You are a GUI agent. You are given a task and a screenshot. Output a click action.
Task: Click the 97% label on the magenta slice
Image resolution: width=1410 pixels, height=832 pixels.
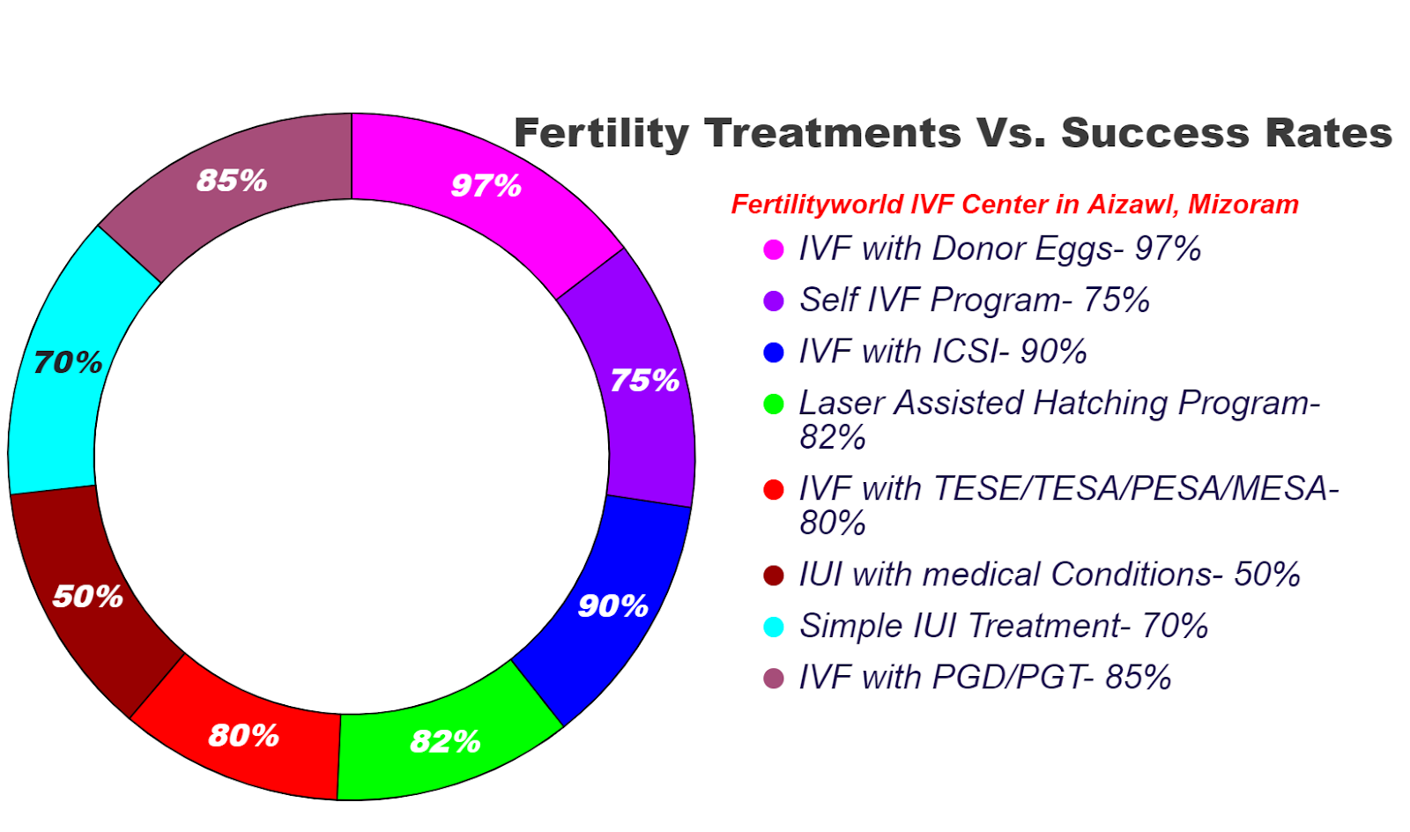pyautogui.click(x=486, y=186)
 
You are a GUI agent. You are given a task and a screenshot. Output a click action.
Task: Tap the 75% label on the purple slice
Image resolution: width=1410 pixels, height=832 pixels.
pyautogui.click(x=644, y=381)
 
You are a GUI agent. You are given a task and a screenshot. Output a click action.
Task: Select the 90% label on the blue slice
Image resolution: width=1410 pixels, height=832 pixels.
pyautogui.click(x=612, y=606)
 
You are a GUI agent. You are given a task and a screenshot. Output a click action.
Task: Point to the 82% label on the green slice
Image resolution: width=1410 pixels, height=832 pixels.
pyautogui.click(x=445, y=741)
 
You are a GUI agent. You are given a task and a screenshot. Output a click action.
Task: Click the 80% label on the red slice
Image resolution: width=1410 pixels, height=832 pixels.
pyautogui.click(x=243, y=735)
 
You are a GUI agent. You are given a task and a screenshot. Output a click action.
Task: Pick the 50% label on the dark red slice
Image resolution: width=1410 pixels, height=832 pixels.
pyautogui.click(x=87, y=597)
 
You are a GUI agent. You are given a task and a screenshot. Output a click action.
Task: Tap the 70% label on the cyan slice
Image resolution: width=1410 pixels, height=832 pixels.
pyautogui.click(x=68, y=362)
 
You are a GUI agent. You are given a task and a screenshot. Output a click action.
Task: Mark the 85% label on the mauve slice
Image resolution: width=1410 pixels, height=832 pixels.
pyautogui.click(x=232, y=181)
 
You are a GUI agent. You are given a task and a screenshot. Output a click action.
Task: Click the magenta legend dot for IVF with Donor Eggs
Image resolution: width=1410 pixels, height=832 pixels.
pyautogui.click(x=774, y=249)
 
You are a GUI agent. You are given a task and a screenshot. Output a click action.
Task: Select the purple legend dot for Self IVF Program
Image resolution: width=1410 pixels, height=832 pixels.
pyautogui.click(x=774, y=301)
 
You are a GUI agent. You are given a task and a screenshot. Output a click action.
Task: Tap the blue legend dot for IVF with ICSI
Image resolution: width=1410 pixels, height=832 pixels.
pyautogui.click(x=774, y=353)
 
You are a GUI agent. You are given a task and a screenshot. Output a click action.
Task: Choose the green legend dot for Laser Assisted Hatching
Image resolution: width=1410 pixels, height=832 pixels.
pyautogui.click(x=774, y=405)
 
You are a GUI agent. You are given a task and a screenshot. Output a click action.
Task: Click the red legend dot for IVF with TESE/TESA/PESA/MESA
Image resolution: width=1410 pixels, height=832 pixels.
pyautogui.click(x=774, y=490)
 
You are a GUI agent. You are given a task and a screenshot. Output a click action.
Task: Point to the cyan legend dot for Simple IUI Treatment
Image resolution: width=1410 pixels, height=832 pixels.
pyautogui.click(x=774, y=628)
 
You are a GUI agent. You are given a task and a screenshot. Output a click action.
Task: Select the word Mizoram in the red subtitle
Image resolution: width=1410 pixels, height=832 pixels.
pyautogui.click(x=1243, y=204)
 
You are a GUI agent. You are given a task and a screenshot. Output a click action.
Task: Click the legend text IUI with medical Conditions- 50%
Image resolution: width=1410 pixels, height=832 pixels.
pyautogui.click(x=1049, y=575)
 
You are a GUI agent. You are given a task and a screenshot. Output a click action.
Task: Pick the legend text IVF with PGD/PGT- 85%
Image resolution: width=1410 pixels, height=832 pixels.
pyautogui.click(x=984, y=678)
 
